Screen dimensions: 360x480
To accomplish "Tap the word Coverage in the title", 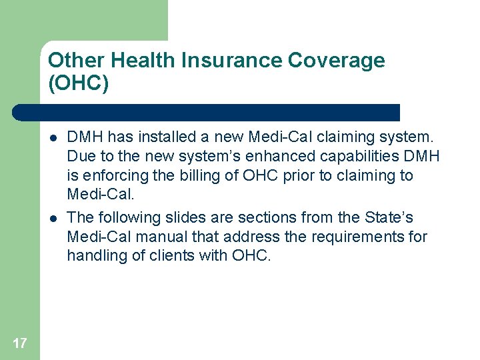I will click(x=336, y=61).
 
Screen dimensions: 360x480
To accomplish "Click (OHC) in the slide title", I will click(x=78, y=83).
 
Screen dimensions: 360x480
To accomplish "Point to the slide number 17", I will click(x=19, y=343).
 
